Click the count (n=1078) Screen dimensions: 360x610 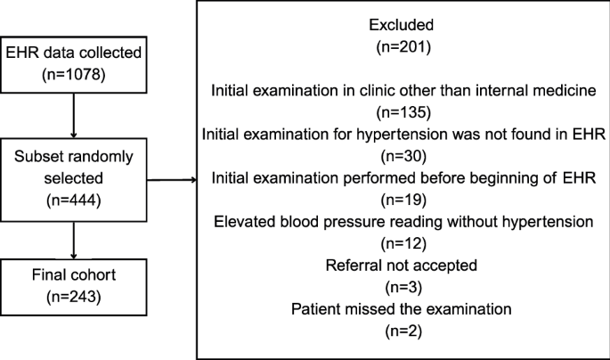[x=74, y=77]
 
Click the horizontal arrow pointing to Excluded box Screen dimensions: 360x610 [x=171, y=182]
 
